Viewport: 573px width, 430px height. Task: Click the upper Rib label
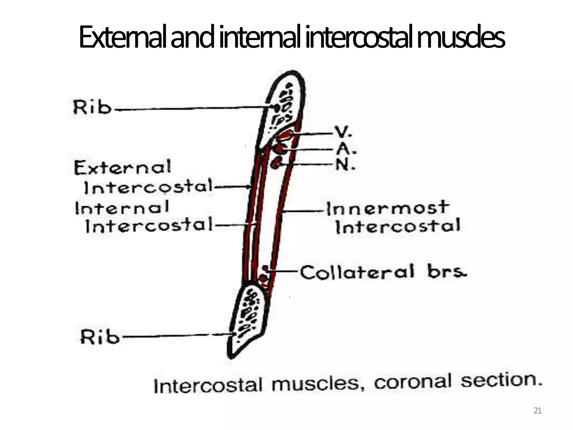(92, 107)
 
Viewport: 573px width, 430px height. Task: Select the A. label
(346, 149)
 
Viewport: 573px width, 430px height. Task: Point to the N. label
(345, 165)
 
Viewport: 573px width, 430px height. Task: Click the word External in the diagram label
(122, 168)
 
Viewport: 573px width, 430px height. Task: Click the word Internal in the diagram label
(122, 208)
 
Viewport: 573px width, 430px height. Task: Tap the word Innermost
(388, 208)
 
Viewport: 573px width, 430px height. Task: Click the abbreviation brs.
(447, 271)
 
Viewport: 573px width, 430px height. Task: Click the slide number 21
(537, 410)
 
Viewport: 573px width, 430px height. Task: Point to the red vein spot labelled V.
(285, 136)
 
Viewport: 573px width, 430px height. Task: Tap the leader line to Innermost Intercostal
(304, 211)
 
